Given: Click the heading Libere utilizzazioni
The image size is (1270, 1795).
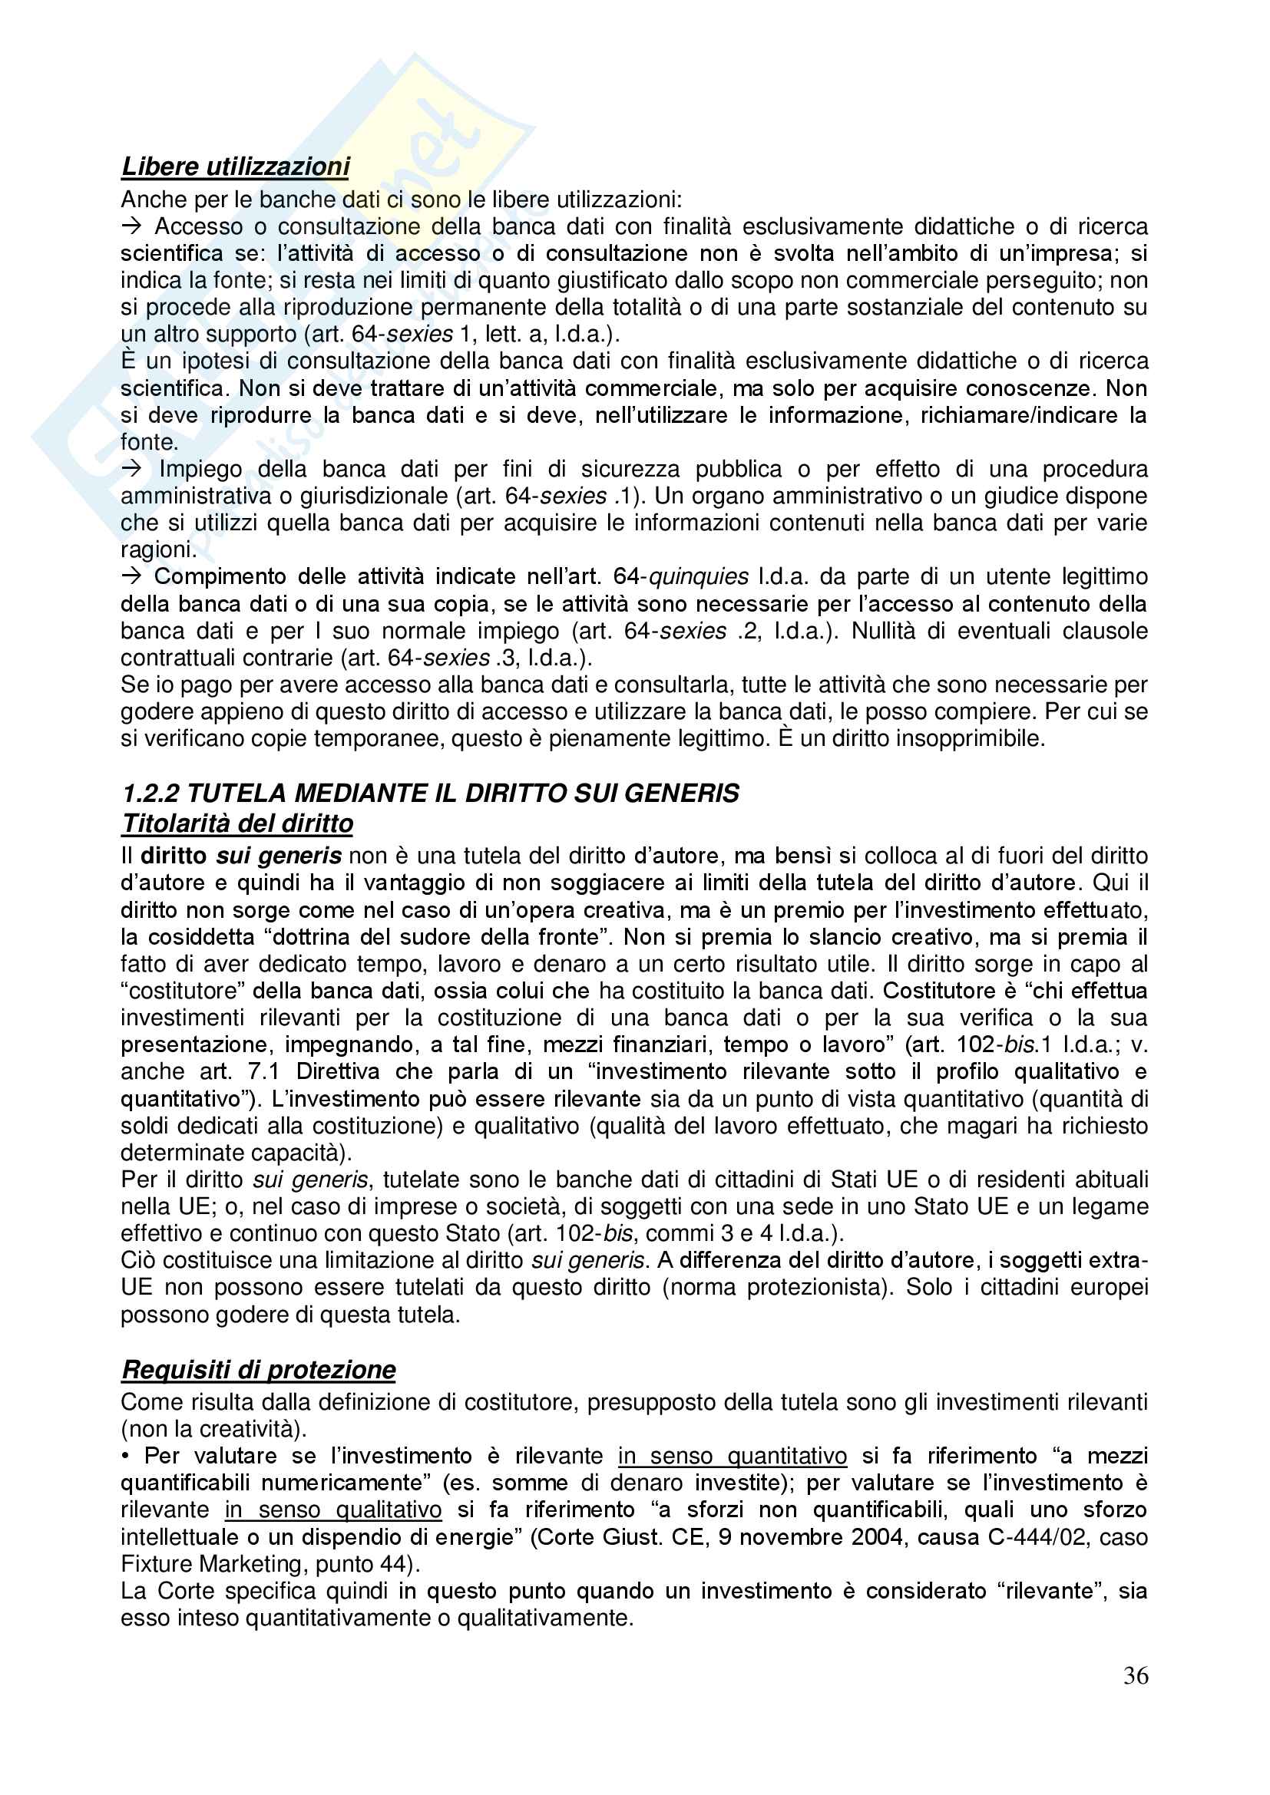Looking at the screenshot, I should click(236, 167).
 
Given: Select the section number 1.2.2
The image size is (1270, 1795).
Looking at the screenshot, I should click(150, 794).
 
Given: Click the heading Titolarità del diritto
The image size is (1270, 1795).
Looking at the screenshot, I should click(237, 823).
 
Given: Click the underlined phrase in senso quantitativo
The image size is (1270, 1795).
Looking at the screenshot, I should click(732, 1456).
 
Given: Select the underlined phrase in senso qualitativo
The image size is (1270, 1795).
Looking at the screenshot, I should click(333, 1510).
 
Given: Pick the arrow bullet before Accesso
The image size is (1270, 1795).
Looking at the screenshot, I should click(131, 226).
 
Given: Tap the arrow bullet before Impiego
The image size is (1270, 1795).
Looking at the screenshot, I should click(131, 469).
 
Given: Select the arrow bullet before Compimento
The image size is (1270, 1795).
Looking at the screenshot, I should click(131, 577).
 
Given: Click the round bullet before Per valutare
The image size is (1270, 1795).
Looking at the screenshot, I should click(125, 1457).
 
